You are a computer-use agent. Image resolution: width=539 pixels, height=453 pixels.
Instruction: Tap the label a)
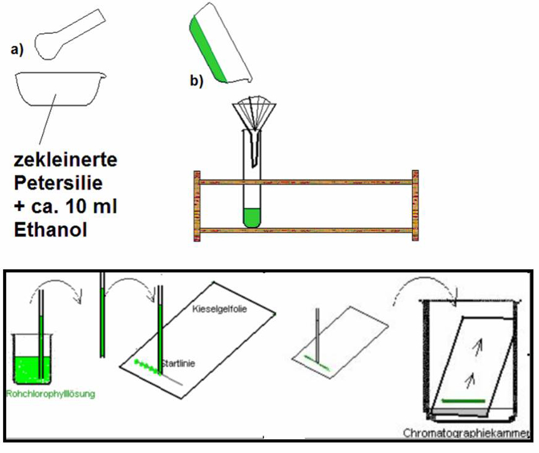17,51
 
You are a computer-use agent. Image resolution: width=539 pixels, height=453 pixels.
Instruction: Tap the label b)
197,80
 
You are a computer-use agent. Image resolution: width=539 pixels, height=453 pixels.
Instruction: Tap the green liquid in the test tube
253,218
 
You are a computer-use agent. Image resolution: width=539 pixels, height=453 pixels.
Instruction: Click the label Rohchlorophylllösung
50,394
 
